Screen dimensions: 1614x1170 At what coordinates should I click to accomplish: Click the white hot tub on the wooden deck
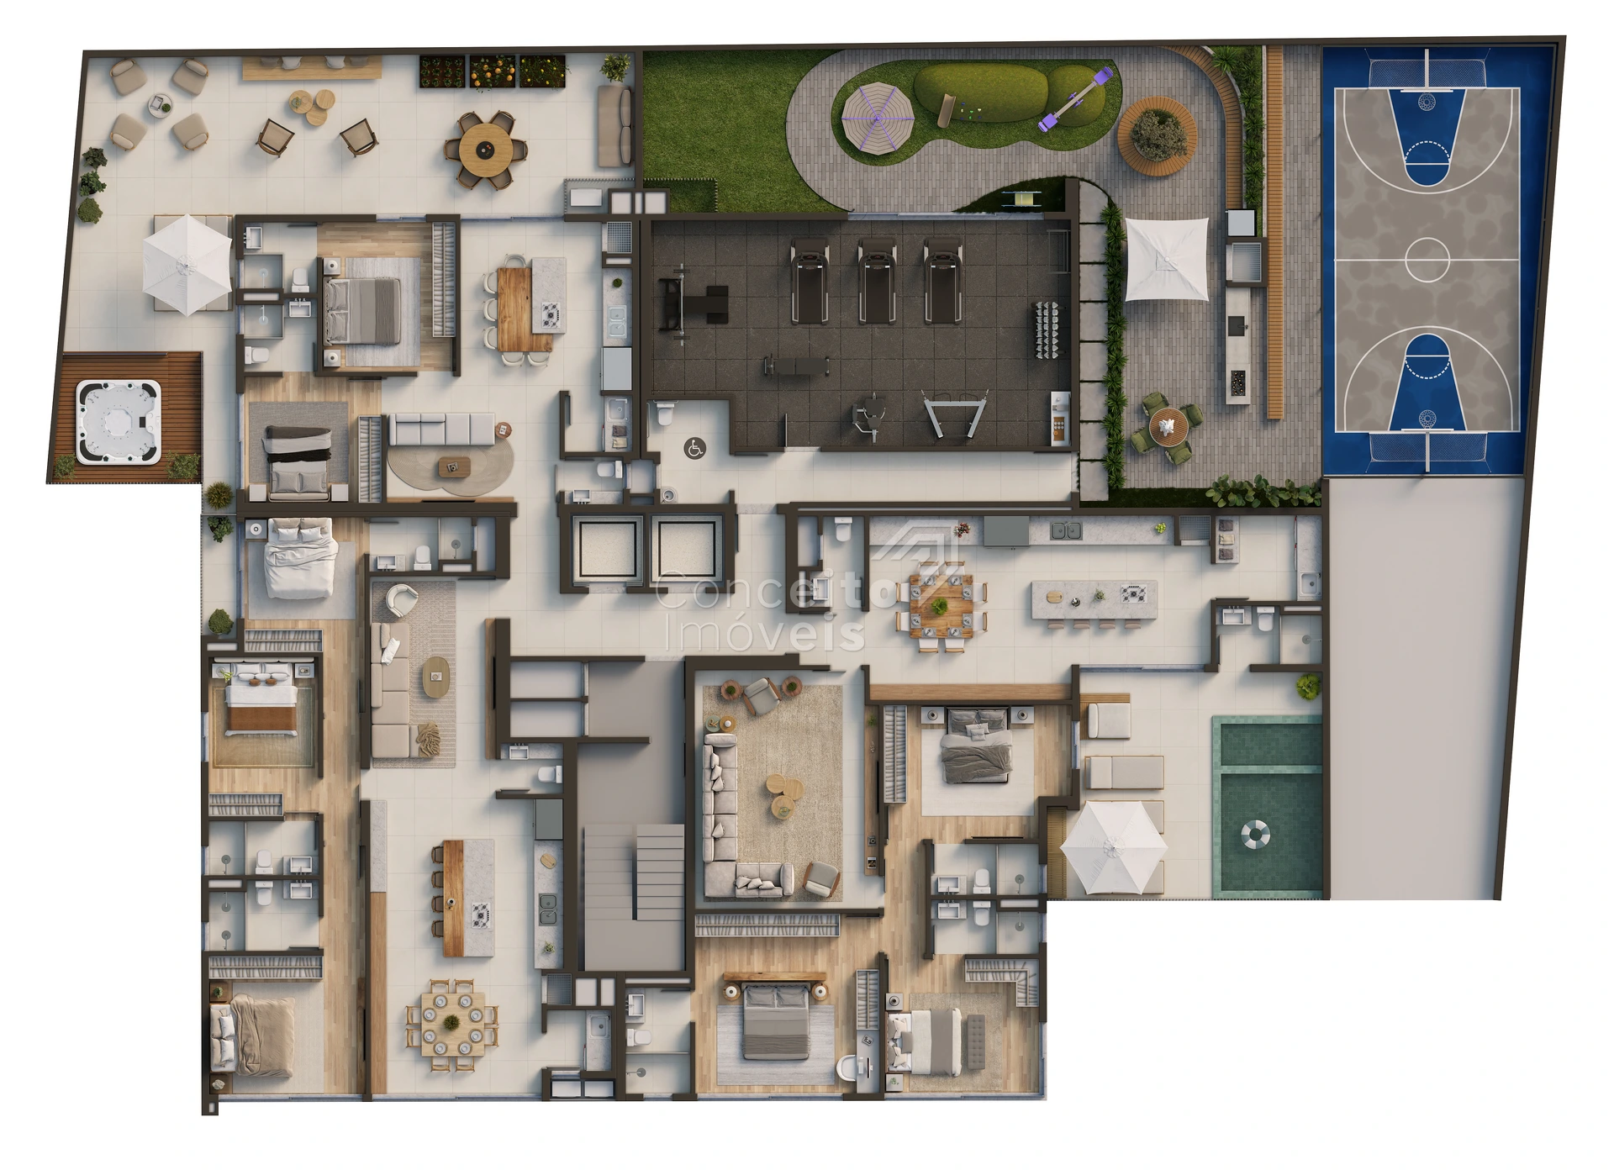(118, 421)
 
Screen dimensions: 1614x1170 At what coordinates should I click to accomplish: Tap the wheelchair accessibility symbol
(694, 449)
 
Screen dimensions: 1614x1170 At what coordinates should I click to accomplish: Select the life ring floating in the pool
(1255, 835)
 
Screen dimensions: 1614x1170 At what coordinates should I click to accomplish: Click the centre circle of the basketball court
(1427, 259)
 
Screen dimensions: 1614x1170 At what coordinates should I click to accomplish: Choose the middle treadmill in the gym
(877, 281)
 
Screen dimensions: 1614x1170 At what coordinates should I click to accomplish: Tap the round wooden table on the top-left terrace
(484, 150)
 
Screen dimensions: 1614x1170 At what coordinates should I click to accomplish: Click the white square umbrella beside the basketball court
(1166, 259)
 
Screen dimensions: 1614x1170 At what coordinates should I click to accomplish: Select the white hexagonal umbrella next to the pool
(1114, 847)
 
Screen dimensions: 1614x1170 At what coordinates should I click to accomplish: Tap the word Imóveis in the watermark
(763, 632)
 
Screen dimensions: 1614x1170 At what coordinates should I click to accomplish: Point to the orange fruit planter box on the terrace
(493, 72)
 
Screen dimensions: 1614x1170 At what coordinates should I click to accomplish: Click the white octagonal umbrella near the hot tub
(187, 264)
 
